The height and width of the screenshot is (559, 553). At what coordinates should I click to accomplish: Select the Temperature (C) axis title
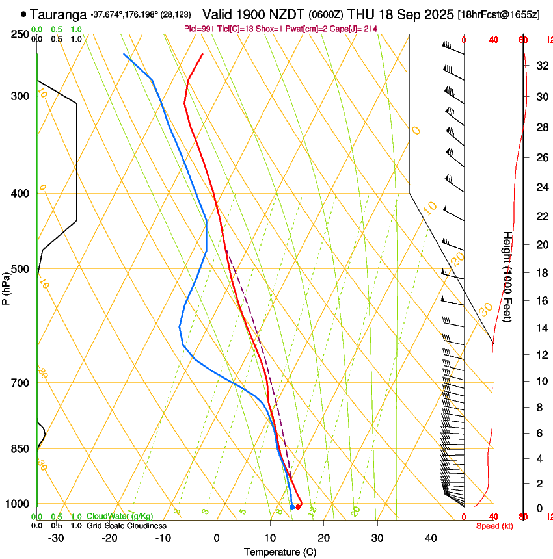tap(280, 552)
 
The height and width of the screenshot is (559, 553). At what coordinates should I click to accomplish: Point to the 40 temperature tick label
tap(430, 538)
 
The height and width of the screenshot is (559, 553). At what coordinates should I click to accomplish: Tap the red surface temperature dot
tap(298, 507)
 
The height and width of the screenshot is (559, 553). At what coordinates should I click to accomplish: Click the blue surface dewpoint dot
tap(291, 507)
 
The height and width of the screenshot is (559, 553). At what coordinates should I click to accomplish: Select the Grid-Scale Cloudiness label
tap(126, 526)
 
